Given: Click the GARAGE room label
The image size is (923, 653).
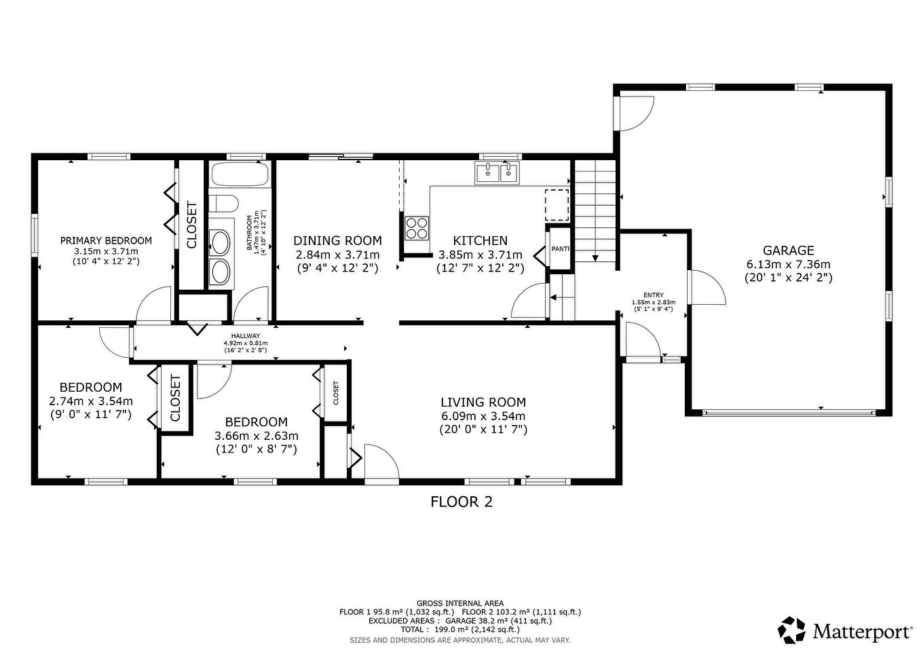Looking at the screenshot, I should click(x=788, y=250).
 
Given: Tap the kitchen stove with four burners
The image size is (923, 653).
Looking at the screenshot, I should click(x=417, y=227).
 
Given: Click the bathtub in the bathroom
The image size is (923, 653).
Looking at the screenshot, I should click(x=240, y=175).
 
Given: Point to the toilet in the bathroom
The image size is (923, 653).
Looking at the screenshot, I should click(x=222, y=204).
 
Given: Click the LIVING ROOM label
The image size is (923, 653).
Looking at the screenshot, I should click(x=483, y=403).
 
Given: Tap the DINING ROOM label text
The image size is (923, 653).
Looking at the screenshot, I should click(x=337, y=241).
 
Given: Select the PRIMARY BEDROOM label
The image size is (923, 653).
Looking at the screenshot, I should click(x=106, y=240).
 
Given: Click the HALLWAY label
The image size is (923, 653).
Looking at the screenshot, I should click(x=245, y=336).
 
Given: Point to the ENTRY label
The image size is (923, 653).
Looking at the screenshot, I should click(x=653, y=295).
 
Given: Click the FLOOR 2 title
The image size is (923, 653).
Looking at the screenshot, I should click(x=461, y=502).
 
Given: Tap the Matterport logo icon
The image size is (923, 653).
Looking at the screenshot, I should click(x=791, y=630).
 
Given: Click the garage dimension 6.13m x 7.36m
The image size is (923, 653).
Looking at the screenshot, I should click(x=788, y=264).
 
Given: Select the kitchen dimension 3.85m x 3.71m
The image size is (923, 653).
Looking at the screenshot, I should click(x=480, y=255).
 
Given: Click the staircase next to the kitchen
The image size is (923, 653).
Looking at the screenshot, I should click(x=595, y=210).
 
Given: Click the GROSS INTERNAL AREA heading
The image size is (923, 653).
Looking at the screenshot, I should click(x=460, y=603).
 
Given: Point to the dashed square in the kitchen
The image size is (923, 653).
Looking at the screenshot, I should click(x=557, y=206).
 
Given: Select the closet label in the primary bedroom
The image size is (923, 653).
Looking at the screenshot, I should click(x=191, y=225).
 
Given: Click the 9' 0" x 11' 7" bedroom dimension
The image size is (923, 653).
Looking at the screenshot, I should click(x=91, y=413).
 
